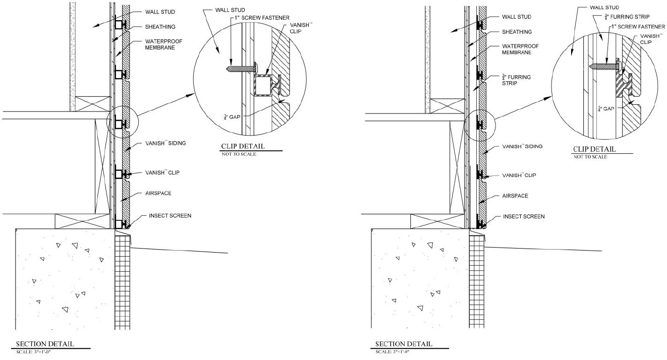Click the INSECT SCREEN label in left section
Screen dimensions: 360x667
click(x=170, y=216)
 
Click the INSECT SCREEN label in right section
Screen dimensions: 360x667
click(x=524, y=216)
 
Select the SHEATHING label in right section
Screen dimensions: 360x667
click(x=517, y=32)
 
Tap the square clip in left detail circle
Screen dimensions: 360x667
click(x=262, y=85)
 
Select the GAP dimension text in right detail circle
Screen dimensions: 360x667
click(x=606, y=108)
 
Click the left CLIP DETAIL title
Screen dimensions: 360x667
click(x=243, y=147)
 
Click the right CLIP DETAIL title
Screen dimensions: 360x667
click(x=594, y=149)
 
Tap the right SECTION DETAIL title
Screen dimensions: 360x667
click(x=403, y=344)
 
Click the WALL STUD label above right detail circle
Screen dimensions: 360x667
click(x=604, y=8)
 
